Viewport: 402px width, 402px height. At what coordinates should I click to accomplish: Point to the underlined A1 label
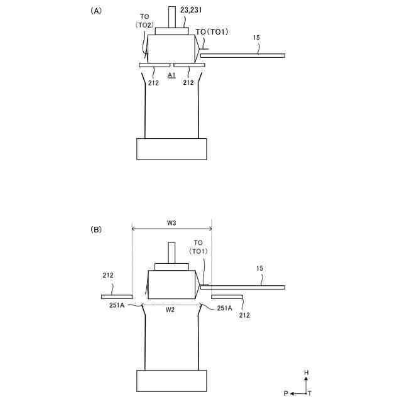(171, 75)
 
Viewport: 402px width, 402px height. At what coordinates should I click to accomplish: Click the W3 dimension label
(171, 223)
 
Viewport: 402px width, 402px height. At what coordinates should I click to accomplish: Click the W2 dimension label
(171, 309)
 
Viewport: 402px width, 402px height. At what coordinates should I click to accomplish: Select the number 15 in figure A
(256, 38)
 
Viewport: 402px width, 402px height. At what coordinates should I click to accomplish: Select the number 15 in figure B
(259, 268)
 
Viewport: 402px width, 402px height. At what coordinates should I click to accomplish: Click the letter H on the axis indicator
(307, 372)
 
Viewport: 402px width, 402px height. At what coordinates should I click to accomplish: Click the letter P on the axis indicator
(285, 393)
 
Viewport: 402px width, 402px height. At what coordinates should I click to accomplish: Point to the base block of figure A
(171, 149)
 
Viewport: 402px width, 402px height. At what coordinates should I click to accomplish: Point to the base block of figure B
(171, 380)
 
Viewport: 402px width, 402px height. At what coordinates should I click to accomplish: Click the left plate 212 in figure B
(117, 296)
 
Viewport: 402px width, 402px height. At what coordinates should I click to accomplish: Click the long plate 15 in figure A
(242, 56)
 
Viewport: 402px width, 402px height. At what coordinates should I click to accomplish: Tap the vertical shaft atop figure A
(172, 16)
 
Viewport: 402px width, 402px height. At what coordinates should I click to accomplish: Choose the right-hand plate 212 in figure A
(189, 65)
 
